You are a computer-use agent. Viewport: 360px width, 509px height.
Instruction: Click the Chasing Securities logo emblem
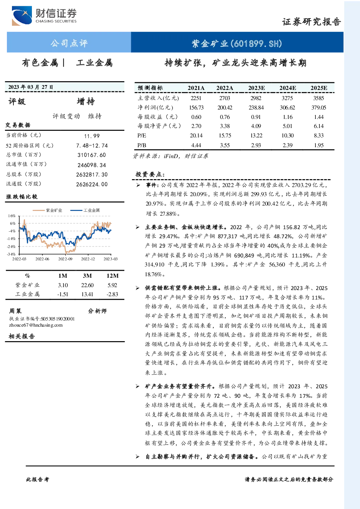[x=22, y=16]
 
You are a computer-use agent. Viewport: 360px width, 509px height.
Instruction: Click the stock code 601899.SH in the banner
[x=256, y=43]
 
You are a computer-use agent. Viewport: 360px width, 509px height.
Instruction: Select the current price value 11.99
[x=92, y=136]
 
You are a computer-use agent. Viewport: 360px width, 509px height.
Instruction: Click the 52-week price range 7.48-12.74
[x=92, y=146]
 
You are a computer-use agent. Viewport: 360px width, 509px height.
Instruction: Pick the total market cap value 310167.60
[x=92, y=155]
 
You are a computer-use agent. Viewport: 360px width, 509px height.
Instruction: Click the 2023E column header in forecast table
[x=256, y=88]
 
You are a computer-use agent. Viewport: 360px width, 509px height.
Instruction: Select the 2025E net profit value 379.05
[x=319, y=107]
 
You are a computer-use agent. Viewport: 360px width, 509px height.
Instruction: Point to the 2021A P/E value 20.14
[x=196, y=136]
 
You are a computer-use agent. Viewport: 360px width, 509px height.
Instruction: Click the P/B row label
[x=142, y=145]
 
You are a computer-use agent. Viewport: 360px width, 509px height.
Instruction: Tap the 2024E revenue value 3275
[x=287, y=98]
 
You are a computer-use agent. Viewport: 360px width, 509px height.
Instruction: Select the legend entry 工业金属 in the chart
[x=85, y=210]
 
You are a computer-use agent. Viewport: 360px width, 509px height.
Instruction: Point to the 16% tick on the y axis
[x=12, y=216]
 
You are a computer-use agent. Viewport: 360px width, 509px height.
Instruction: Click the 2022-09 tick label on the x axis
[x=65, y=259]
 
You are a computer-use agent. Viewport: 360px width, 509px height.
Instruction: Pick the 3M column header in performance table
[x=87, y=276]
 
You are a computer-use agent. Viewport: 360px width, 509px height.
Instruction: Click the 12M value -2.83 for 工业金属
[x=112, y=294]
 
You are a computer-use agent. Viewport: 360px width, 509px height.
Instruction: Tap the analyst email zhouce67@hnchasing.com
[x=36, y=325]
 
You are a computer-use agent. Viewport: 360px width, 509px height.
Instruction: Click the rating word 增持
[x=86, y=102]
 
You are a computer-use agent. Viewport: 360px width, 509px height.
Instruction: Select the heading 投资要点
[x=150, y=174]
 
